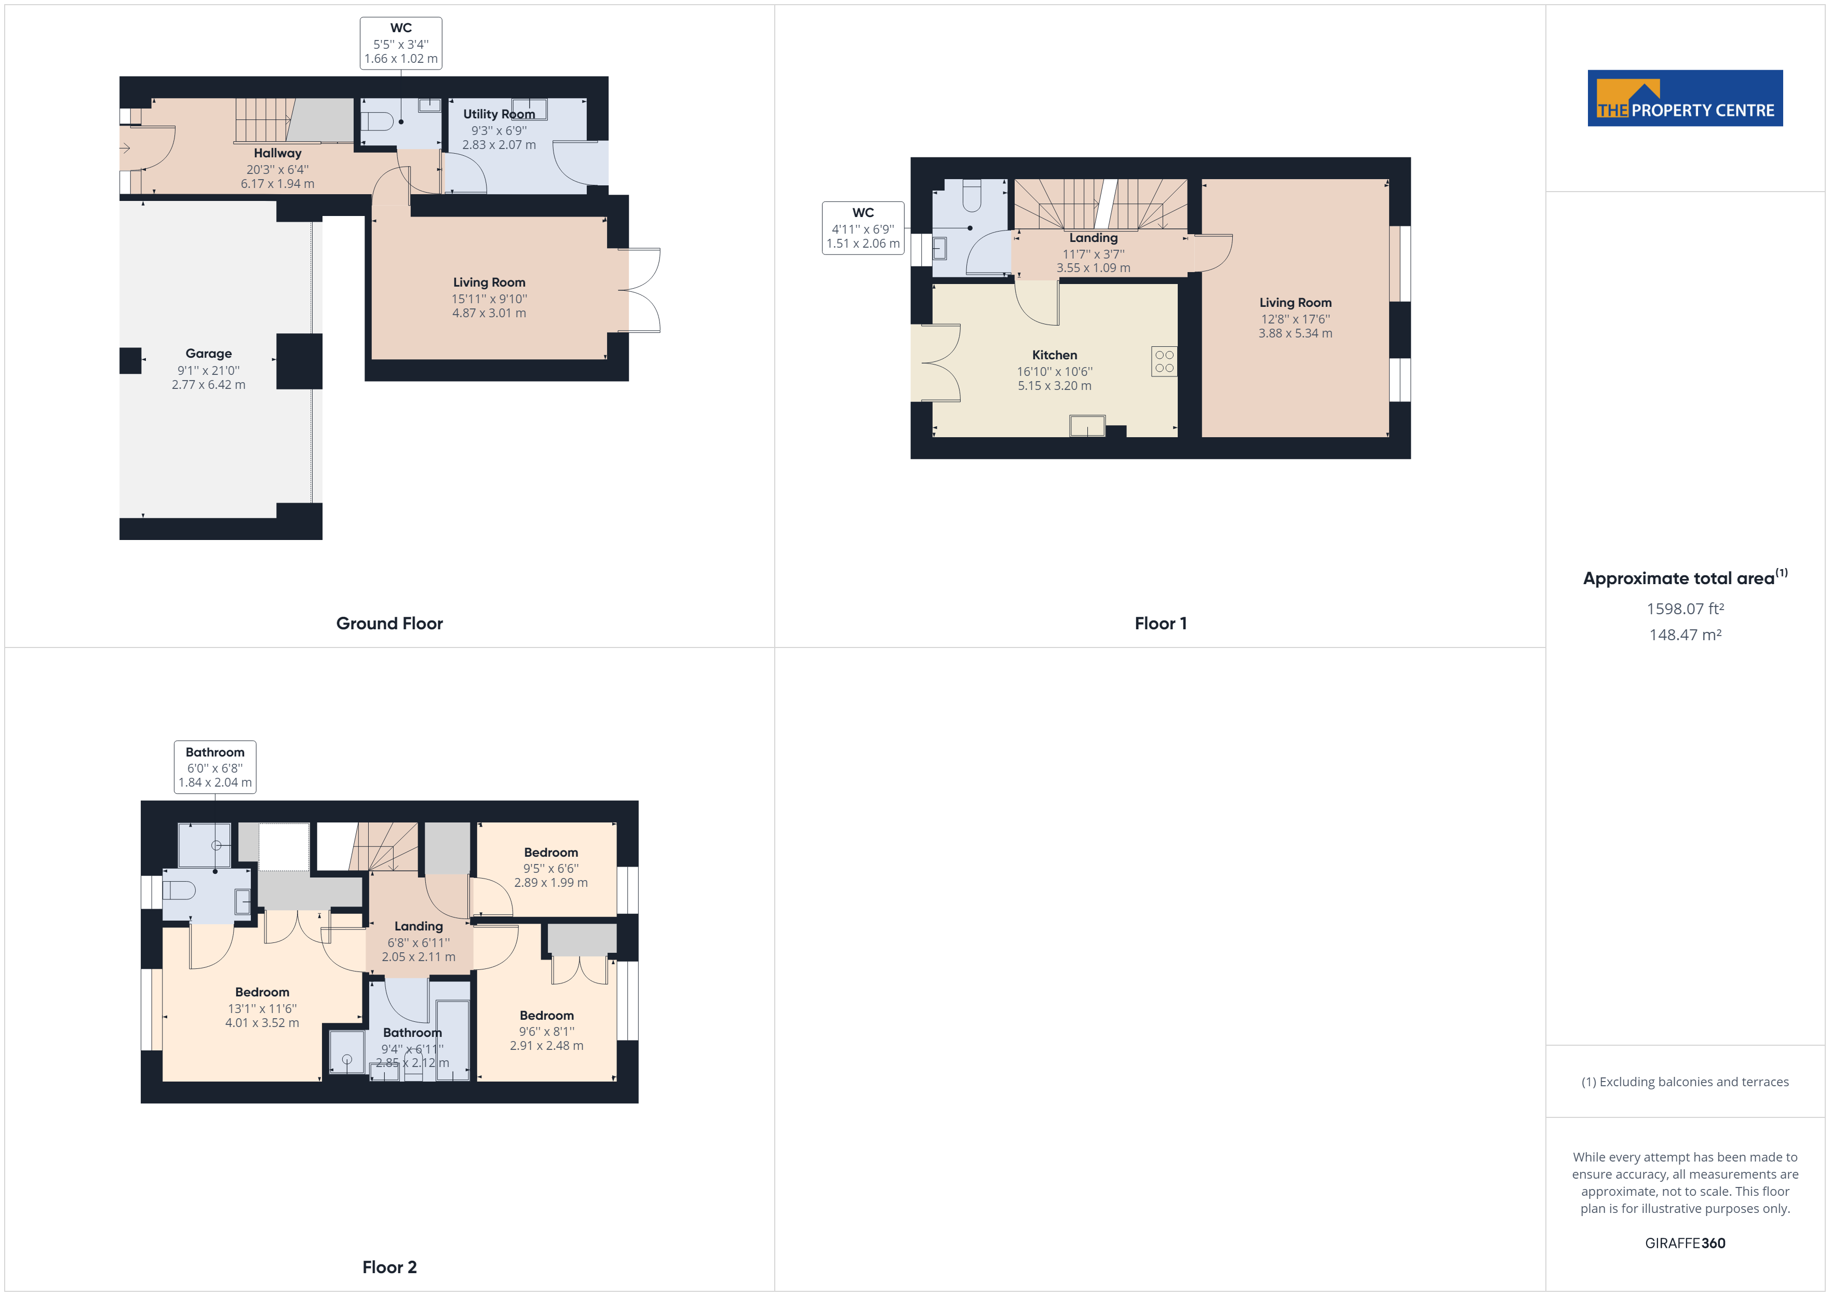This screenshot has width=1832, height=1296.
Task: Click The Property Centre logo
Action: pos(1685,98)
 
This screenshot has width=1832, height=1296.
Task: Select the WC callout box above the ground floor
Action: pos(400,43)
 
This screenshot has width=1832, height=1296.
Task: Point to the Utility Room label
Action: pos(499,114)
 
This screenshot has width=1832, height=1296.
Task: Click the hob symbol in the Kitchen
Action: pos(1163,361)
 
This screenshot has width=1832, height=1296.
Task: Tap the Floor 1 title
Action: pos(1160,623)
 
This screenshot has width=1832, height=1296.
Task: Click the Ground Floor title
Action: pos(389,623)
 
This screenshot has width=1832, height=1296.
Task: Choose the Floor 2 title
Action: pos(389,1266)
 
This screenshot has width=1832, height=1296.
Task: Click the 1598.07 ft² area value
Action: pos(1685,609)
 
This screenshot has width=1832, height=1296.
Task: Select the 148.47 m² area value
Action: pos(1685,635)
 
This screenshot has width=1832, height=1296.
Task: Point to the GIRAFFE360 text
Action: pos(1685,1243)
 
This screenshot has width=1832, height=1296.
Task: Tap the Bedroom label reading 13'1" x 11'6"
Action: pos(262,1008)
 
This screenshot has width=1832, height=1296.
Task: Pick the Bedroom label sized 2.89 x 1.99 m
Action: pos(550,883)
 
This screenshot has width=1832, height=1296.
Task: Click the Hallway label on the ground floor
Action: pos(278,153)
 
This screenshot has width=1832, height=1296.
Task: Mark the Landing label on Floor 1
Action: pos(1093,238)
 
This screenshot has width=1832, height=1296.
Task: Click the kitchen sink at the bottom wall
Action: pos(1087,426)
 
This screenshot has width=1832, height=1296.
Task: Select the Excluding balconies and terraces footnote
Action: pos(1685,1082)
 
